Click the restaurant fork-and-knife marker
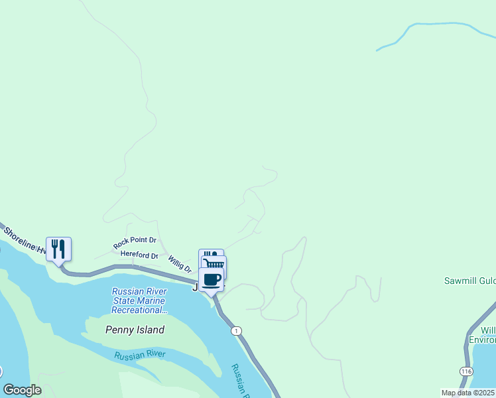(x=58, y=249)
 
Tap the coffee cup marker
(x=212, y=280)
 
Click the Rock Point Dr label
(x=135, y=243)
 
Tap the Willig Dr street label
(x=179, y=264)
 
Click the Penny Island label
(x=135, y=330)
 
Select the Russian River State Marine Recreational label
(x=139, y=300)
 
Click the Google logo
(x=22, y=390)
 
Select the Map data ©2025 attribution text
(x=467, y=393)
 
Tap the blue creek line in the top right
(x=438, y=25)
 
